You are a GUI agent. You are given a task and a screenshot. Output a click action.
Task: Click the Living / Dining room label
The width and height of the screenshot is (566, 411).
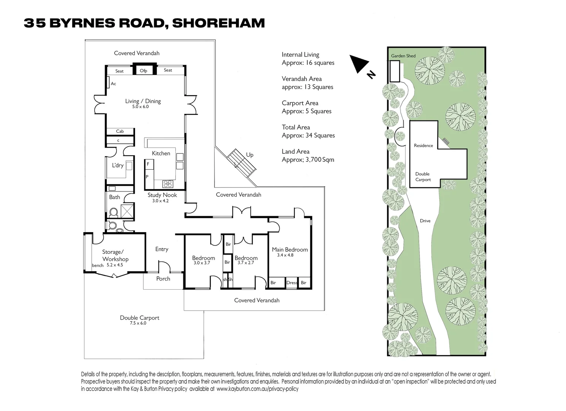click(143, 101)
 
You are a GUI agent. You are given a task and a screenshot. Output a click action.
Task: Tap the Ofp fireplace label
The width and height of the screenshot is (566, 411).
click(143, 71)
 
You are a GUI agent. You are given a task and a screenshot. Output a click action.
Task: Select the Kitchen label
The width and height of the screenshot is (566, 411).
click(161, 153)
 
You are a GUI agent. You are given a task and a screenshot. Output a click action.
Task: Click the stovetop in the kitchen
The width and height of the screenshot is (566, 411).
click(168, 184)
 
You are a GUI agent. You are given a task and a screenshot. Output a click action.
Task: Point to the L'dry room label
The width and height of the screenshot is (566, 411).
click(118, 165)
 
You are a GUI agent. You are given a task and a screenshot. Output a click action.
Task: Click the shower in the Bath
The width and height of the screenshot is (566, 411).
click(127, 211)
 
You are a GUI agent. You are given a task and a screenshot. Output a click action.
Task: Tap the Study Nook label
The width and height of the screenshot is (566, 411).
click(162, 195)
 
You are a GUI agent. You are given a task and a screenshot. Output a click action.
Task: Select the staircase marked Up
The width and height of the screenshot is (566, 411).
click(241, 163)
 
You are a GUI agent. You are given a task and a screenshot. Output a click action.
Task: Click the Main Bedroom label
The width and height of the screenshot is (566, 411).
click(290, 250)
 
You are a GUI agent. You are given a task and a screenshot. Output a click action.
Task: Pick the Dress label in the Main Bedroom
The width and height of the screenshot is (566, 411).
click(292, 283)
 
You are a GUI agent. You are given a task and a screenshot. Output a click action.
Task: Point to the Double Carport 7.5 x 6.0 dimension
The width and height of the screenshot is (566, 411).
click(138, 323)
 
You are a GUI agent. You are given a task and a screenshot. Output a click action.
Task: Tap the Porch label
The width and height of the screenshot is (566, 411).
click(163, 279)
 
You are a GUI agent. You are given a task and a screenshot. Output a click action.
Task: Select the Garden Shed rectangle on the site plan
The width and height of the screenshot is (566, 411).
click(394, 71)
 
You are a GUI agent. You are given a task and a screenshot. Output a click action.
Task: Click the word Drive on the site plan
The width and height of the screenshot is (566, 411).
click(425, 221)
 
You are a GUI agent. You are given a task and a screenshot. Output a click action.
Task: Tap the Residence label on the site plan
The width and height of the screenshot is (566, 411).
click(423, 145)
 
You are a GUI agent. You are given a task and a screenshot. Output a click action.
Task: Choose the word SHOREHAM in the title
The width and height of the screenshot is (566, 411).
click(218, 23)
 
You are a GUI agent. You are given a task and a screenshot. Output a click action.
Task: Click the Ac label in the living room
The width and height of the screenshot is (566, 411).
click(113, 84)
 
